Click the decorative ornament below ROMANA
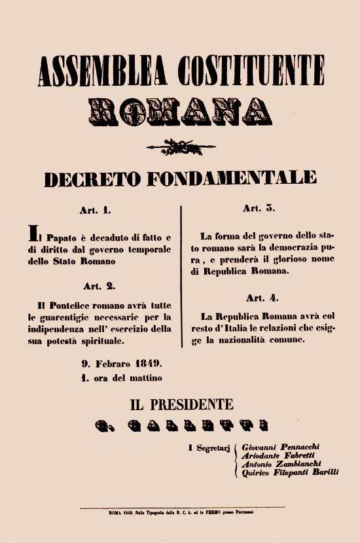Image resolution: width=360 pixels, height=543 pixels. (180, 145)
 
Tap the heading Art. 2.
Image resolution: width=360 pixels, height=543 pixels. (99, 286)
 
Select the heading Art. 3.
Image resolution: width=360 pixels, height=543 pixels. (260, 209)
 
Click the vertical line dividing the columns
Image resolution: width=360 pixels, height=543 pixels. (180, 275)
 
